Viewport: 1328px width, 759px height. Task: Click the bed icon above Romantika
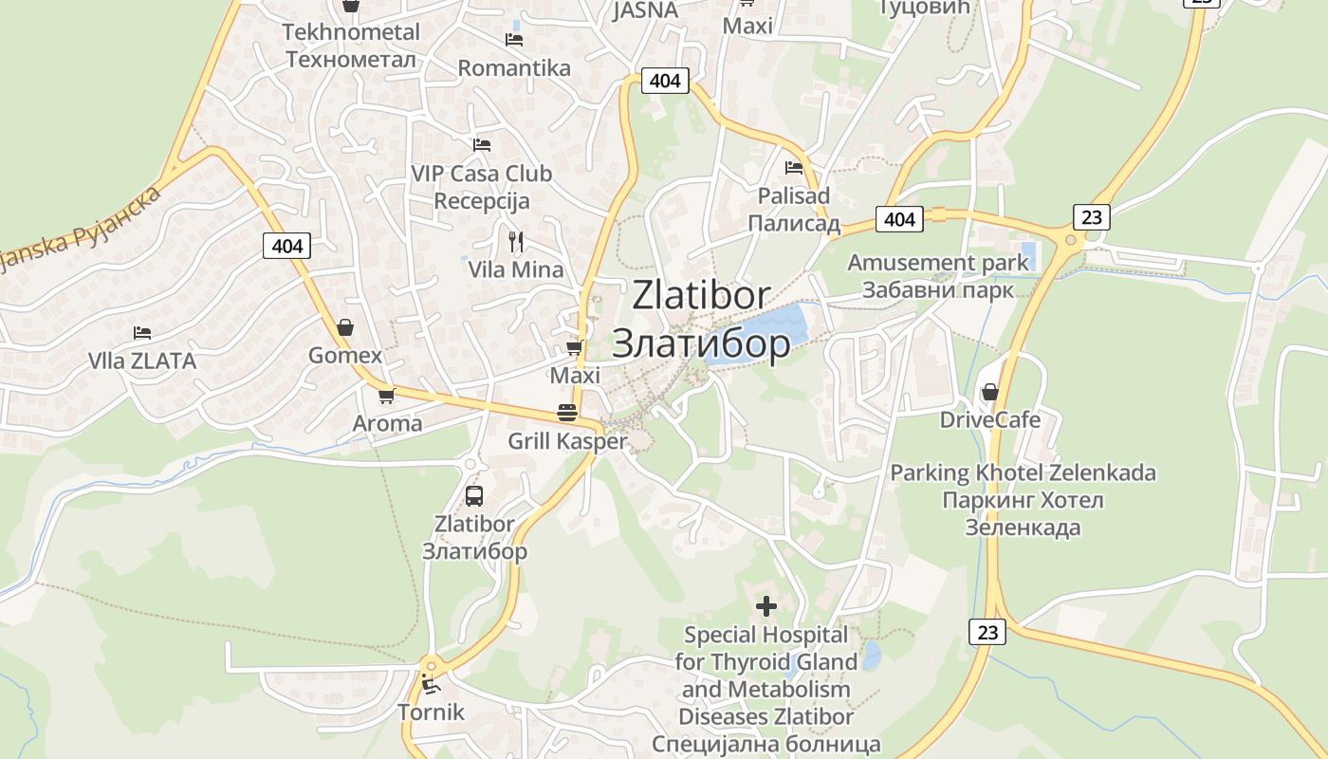pyautogui.click(x=514, y=39)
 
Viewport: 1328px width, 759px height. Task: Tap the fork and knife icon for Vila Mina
pyautogui.click(x=515, y=241)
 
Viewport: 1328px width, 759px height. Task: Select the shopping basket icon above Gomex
pyautogui.click(x=345, y=327)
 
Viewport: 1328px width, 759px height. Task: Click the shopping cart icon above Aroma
pyautogui.click(x=386, y=396)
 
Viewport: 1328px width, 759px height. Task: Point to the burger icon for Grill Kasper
pyautogui.click(x=567, y=413)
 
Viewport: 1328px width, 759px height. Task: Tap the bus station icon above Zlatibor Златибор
pyautogui.click(x=473, y=495)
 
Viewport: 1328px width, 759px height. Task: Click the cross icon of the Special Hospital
pyautogui.click(x=766, y=605)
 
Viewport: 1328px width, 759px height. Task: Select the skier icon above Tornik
pyautogui.click(x=432, y=683)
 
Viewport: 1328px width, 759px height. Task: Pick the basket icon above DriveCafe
pyautogui.click(x=990, y=392)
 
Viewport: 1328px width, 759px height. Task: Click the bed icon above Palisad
pyautogui.click(x=794, y=168)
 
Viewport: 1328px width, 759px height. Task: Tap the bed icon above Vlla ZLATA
pyautogui.click(x=142, y=333)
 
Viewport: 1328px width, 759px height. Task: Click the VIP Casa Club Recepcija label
pyautogui.click(x=482, y=187)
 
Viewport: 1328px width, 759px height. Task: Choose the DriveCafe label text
pyautogui.click(x=990, y=419)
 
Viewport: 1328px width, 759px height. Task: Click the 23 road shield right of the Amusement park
pyautogui.click(x=1091, y=217)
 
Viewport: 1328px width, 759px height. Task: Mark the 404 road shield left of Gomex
pyautogui.click(x=286, y=247)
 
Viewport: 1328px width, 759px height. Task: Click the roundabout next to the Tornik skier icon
pyautogui.click(x=432, y=665)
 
